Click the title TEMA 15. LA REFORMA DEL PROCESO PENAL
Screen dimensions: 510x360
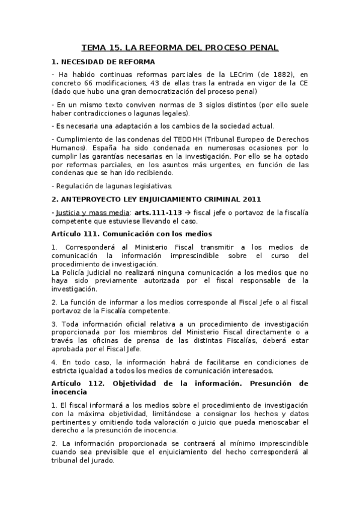(x=180, y=48)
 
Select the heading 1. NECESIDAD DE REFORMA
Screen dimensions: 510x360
(x=103, y=61)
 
